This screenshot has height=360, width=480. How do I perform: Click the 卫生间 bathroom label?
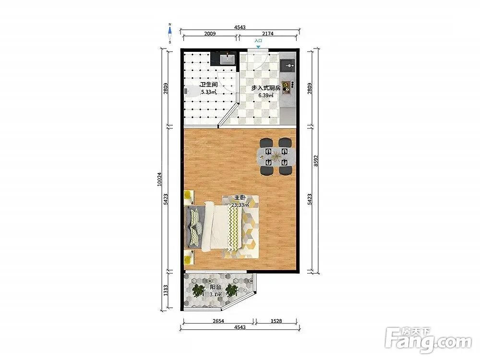pyautogui.click(x=209, y=84)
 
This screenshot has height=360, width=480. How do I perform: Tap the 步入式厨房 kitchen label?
pyautogui.click(x=266, y=88)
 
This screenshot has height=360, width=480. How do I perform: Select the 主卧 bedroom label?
pyautogui.click(x=240, y=197)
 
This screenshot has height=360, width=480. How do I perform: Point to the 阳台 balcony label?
pyautogui.click(x=216, y=287)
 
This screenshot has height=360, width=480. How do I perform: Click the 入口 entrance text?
pyautogui.click(x=258, y=40)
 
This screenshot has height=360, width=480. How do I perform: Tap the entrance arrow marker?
pyautogui.click(x=258, y=47)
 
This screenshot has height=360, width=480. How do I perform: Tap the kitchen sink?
pyautogui.click(x=288, y=65)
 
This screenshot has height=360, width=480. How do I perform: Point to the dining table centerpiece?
pyautogui.click(x=276, y=157)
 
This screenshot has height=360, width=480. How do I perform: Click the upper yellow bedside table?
pyautogui.click(x=189, y=198)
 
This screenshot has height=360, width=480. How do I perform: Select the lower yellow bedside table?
pyautogui.click(x=189, y=256)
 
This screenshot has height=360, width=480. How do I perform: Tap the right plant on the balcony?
pyautogui.click(x=232, y=290)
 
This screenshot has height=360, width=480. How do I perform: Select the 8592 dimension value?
pyautogui.click(x=316, y=161)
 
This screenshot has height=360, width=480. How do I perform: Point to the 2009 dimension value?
pyautogui.click(x=210, y=34)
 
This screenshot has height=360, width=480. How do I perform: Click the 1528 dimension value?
pyautogui.click(x=276, y=321)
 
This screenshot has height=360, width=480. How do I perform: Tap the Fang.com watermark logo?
pyautogui.click(x=428, y=340)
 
